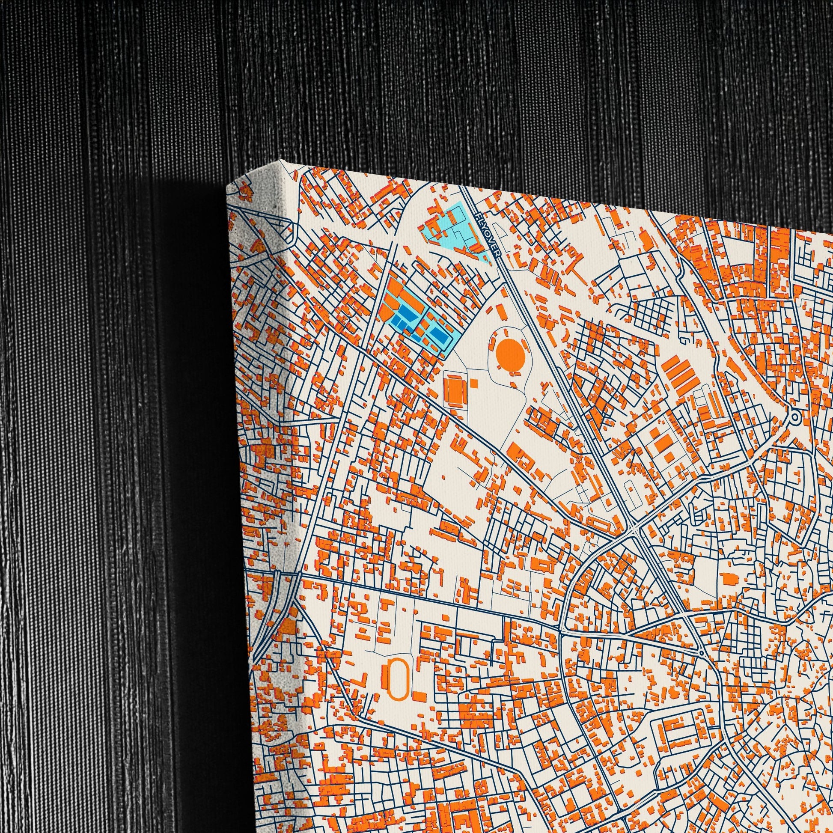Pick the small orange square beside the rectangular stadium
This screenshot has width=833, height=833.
click(x=474, y=382)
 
